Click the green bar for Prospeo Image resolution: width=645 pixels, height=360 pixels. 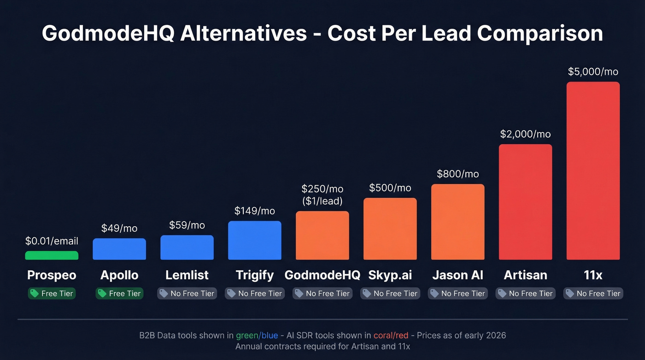52,255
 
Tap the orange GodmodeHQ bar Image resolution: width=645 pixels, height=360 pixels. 322,235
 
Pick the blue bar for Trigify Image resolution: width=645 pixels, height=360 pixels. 254,240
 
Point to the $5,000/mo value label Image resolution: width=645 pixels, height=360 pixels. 593,72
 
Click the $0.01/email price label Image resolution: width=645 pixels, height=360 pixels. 52,241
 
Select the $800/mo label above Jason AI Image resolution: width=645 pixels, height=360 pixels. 457,174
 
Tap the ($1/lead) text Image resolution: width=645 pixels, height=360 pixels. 322,201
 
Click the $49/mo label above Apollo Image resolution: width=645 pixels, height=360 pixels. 119,228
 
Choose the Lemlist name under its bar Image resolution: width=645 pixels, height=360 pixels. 187,275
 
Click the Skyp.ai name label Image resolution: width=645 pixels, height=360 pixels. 390,275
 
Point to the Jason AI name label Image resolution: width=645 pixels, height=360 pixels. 457,275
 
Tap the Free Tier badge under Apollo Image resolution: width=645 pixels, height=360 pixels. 119,294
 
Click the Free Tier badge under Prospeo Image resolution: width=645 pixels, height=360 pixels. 52,294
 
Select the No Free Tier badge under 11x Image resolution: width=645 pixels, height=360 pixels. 593,294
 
